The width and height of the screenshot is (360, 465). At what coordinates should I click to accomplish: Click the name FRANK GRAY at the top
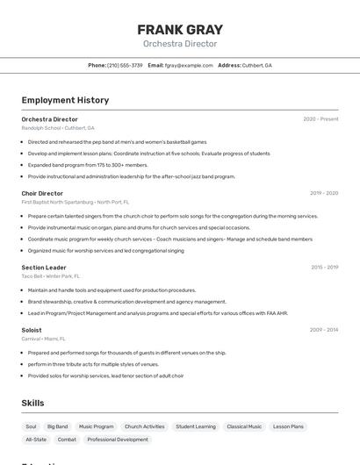click(180, 30)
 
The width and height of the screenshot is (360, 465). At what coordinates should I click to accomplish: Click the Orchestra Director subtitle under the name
click(180, 44)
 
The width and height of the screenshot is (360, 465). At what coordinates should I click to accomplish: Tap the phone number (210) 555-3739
click(125, 66)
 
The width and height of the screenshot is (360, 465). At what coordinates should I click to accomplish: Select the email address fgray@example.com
click(189, 66)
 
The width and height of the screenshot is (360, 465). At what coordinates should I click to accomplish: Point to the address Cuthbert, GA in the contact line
click(256, 66)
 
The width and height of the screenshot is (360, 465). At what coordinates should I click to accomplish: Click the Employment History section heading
click(65, 100)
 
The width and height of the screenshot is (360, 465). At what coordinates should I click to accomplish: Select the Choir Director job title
click(42, 193)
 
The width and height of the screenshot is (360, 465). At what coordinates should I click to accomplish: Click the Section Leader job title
click(44, 267)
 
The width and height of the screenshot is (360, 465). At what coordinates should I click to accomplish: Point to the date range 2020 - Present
click(320, 119)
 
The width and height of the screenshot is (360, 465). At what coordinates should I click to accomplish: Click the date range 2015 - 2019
click(324, 267)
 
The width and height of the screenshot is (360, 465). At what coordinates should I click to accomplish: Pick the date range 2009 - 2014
click(324, 330)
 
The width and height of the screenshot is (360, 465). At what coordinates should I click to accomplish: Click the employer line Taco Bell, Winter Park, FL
click(50, 275)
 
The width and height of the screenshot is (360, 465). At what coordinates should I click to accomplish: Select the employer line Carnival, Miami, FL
click(43, 339)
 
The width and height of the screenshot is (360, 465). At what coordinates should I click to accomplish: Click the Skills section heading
click(33, 403)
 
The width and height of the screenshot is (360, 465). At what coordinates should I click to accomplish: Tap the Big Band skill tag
click(57, 426)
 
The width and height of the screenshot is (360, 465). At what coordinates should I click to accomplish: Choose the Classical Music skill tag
click(244, 426)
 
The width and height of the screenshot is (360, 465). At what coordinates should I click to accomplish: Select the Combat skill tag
click(67, 440)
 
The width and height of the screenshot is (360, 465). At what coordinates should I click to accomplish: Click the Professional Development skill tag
click(118, 440)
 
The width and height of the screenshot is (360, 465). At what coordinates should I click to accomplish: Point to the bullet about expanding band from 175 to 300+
click(88, 165)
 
